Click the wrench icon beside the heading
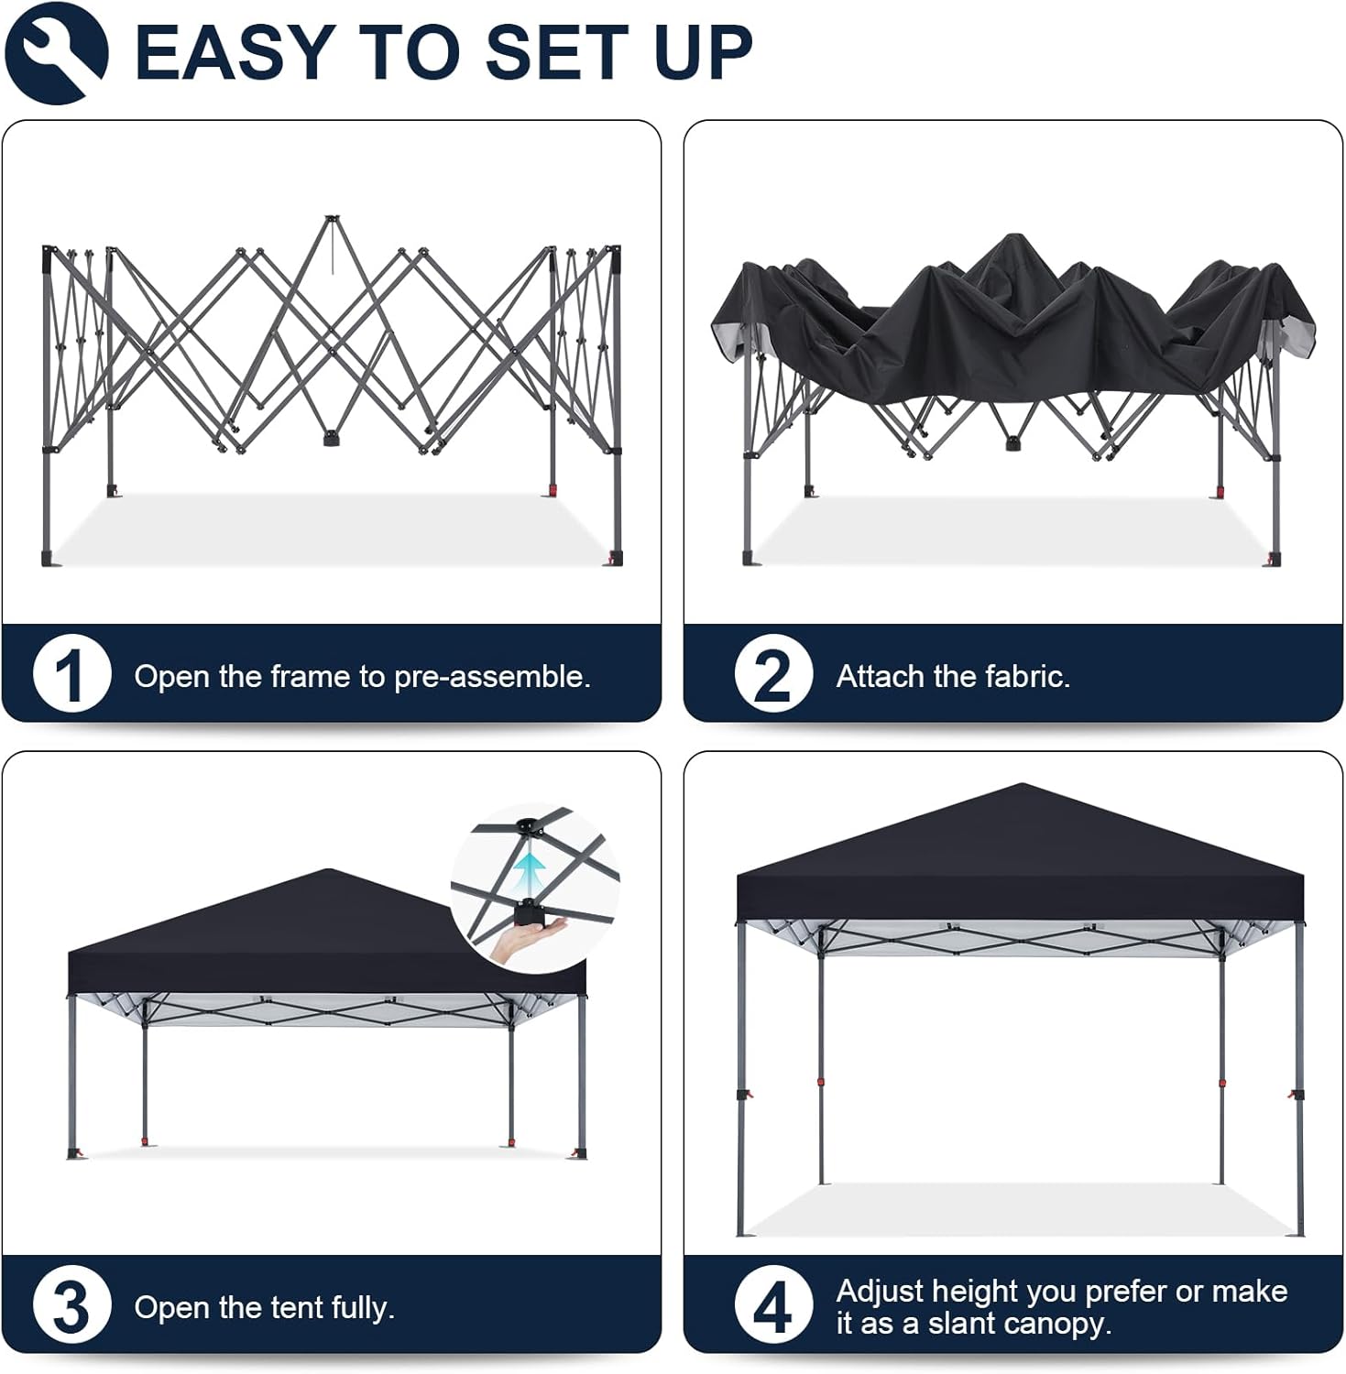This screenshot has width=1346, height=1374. coord(56,52)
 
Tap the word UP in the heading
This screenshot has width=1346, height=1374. coord(704,52)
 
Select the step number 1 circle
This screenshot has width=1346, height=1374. coord(71,674)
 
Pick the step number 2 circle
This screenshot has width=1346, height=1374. coord(773,674)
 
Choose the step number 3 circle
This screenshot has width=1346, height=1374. coord(71,1305)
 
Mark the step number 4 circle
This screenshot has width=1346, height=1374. coord(773,1305)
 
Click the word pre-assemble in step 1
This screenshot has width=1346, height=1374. coord(492,677)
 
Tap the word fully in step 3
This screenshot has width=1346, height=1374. coord(363,1307)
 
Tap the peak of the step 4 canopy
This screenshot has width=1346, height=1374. coord(1021,784)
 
